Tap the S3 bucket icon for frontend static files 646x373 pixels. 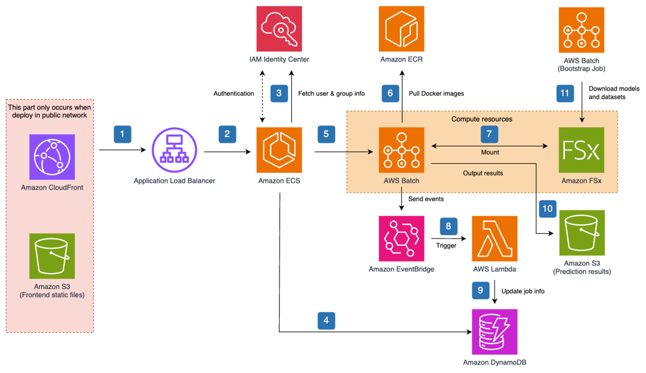point(52,255)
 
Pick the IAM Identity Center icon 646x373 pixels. point(279,29)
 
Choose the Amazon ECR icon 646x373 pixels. point(401,29)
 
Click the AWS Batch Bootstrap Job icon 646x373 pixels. point(581,29)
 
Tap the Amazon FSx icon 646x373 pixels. point(581,150)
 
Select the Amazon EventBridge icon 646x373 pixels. point(401,238)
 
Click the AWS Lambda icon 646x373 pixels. point(495,238)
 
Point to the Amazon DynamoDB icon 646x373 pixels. point(495,332)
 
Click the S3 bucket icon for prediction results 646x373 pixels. point(581,232)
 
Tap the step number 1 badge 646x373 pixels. point(122,134)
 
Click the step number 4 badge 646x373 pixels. point(326,320)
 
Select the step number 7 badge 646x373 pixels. point(489,134)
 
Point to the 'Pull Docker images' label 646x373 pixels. point(436,93)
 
